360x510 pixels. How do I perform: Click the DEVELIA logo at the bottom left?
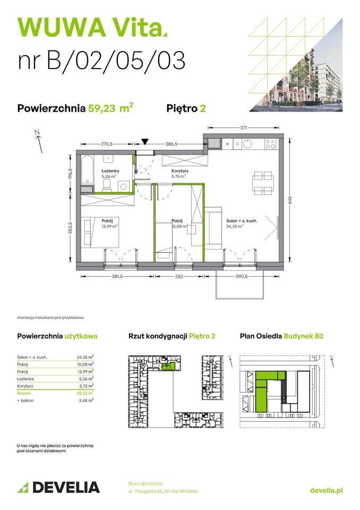[58, 487]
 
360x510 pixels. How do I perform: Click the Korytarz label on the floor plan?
[179, 171]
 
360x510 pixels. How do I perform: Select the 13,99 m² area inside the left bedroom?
[110, 226]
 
